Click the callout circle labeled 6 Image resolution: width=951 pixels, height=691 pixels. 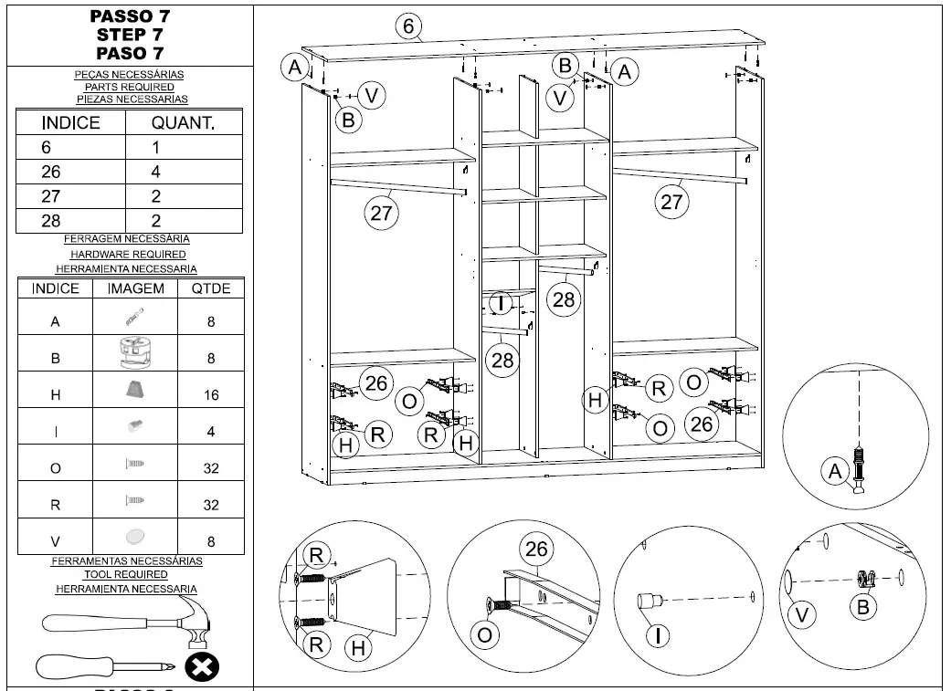coord(408,27)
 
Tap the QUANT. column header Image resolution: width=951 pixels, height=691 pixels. coord(183,123)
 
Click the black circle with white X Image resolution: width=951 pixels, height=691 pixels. coord(202,667)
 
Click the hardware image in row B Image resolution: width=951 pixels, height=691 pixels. coord(135,353)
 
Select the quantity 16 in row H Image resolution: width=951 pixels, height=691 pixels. coord(211,394)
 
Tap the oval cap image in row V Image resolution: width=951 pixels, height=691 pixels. coord(135,536)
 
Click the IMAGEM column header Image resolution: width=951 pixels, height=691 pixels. coord(135,288)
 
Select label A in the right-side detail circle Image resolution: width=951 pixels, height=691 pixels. coord(833,472)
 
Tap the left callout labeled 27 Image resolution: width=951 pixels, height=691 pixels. coord(381,213)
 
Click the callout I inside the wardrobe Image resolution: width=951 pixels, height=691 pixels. coord(500,303)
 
